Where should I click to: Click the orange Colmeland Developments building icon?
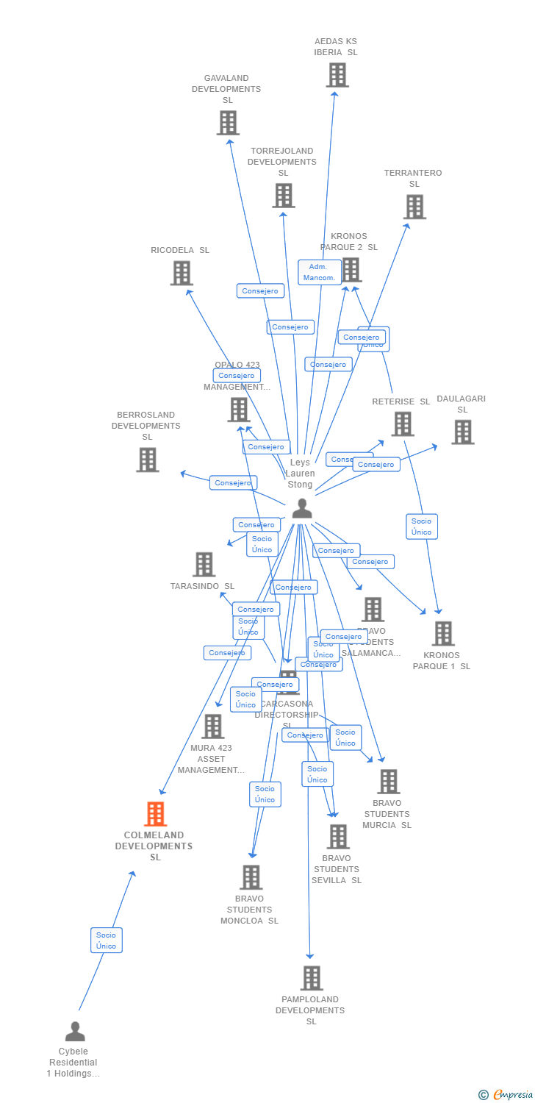click(x=155, y=814)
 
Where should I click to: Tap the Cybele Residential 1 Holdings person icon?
click(x=75, y=1032)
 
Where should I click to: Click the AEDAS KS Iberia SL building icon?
click(x=337, y=75)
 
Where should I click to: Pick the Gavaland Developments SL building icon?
click(x=228, y=123)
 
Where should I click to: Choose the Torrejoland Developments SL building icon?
click(x=284, y=196)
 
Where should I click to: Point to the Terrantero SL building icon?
click(x=414, y=207)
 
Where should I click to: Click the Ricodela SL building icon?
click(x=182, y=273)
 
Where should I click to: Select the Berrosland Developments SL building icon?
click(x=148, y=460)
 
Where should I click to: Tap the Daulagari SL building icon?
click(x=463, y=432)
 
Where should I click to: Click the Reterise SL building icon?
click(x=403, y=424)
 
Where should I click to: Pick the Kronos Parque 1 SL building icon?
click(x=443, y=633)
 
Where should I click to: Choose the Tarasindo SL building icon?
click(x=204, y=565)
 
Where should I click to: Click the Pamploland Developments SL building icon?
click(x=312, y=978)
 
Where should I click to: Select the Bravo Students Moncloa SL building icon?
click(x=251, y=877)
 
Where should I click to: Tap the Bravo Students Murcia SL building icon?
click(x=389, y=782)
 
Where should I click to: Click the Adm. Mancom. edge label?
click(x=320, y=272)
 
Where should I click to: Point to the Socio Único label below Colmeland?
click(x=107, y=940)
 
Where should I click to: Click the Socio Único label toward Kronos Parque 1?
click(x=422, y=526)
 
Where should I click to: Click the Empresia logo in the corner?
click(x=506, y=1095)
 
